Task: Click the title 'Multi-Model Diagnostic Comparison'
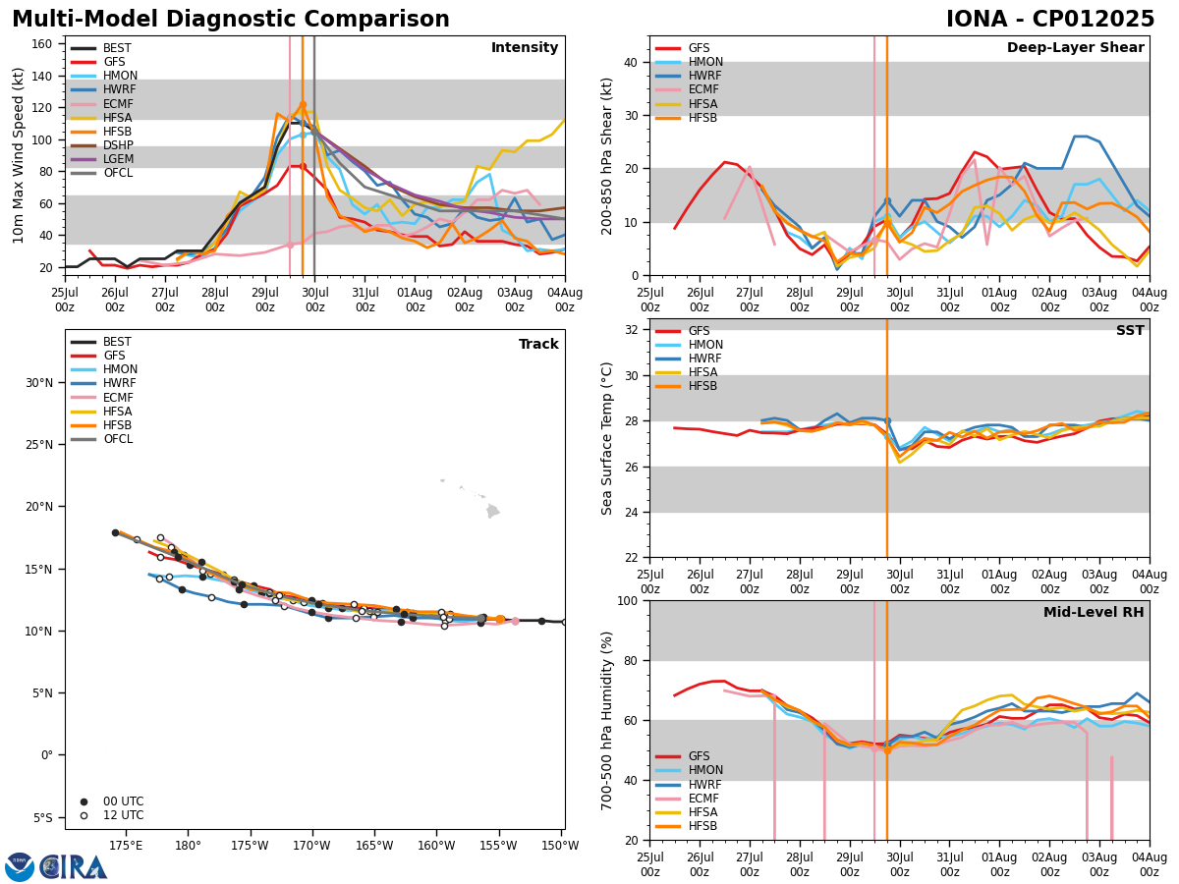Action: (231, 20)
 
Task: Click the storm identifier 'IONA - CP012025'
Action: (1050, 20)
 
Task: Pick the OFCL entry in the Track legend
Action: (118, 439)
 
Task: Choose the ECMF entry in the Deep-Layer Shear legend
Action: (702, 90)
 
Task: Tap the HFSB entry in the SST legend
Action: (702, 386)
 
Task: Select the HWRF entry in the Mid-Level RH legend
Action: (702, 785)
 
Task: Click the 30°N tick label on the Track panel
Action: (39, 383)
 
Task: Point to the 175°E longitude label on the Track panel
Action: (126, 846)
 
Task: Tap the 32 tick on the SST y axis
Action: (634, 330)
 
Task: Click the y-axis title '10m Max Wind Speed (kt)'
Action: (19, 155)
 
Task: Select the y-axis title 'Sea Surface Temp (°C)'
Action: (608, 438)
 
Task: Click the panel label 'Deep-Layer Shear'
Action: (1075, 48)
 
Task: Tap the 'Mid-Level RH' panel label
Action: (1094, 613)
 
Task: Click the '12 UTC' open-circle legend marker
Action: (84, 815)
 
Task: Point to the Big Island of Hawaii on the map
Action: (492, 511)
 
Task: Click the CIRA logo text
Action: (74, 866)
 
